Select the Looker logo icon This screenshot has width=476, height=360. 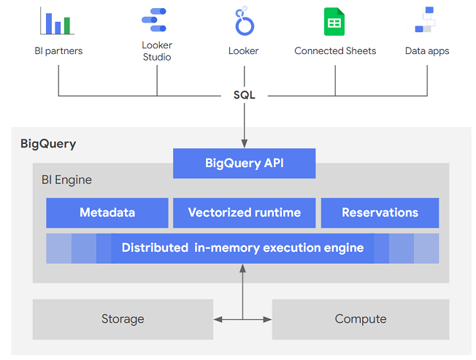tap(244, 21)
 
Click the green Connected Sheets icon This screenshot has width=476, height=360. tap(334, 21)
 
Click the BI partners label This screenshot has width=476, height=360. tap(58, 51)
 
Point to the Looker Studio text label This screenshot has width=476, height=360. tap(156, 51)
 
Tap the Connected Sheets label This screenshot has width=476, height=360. tap(335, 51)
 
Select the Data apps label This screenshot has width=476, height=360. tap(427, 51)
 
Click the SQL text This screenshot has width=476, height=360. tap(244, 95)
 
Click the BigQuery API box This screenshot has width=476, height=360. tap(244, 164)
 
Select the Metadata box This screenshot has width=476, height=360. tap(107, 212)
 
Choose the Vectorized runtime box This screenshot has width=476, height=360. tap(244, 212)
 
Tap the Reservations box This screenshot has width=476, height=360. tap(380, 212)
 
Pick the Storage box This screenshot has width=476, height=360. tap(123, 319)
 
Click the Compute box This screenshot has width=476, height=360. tap(361, 319)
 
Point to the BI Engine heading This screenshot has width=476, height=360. tap(66, 180)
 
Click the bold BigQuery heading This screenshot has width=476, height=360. tap(48, 144)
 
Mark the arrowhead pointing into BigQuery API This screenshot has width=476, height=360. tap(244, 144)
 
